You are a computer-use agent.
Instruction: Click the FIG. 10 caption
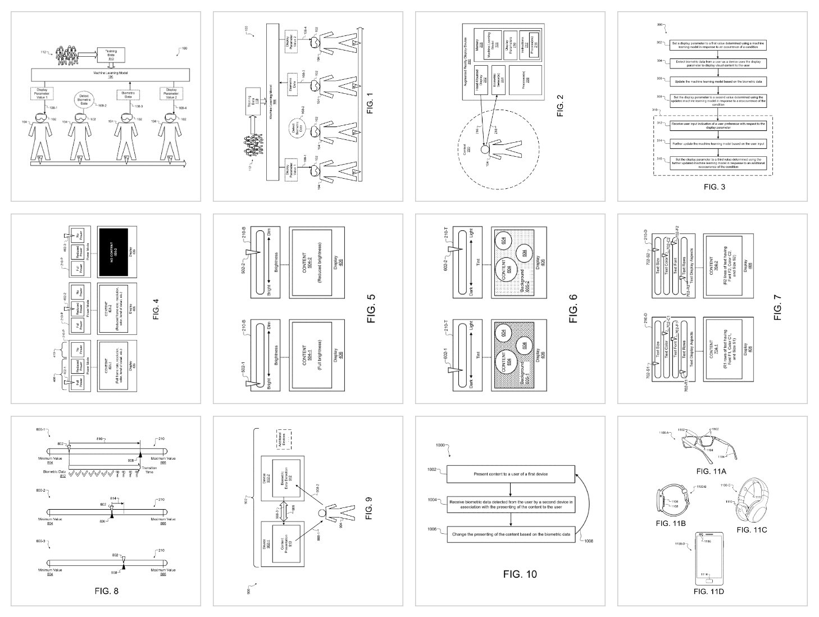point(519,574)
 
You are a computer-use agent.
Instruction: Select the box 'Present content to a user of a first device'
point(511,474)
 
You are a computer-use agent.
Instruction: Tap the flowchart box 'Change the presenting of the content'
point(511,535)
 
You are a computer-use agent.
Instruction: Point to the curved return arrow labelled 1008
point(579,506)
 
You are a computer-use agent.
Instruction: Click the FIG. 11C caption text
point(752,530)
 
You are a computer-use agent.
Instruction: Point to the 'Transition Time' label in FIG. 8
point(148,470)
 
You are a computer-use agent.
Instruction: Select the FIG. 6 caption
point(573,309)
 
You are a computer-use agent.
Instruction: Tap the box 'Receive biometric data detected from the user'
point(511,505)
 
